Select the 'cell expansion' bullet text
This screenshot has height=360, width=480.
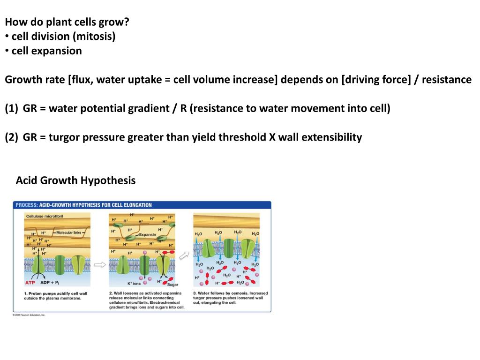click(x=46, y=51)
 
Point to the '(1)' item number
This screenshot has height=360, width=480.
click(x=12, y=109)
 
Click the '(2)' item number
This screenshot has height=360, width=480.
click(x=12, y=137)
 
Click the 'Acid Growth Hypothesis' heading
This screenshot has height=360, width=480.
click(x=75, y=180)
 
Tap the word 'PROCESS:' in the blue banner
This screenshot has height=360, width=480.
click(x=27, y=205)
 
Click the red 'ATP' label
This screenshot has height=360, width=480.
click(x=30, y=283)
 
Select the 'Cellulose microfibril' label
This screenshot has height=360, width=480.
click(x=45, y=216)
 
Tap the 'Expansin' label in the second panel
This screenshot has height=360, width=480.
click(x=148, y=235)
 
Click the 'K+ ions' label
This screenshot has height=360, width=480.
click(x=134, y=284)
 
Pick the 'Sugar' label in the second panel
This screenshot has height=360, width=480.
click(x=172, y=285)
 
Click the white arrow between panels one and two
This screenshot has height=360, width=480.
click(x=100, y=265)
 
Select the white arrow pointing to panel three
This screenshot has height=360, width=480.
click(x=186, y=255)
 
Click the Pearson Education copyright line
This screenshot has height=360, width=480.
click(x=29, y=315)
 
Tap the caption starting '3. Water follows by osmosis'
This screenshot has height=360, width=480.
click(x=230, y=298)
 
